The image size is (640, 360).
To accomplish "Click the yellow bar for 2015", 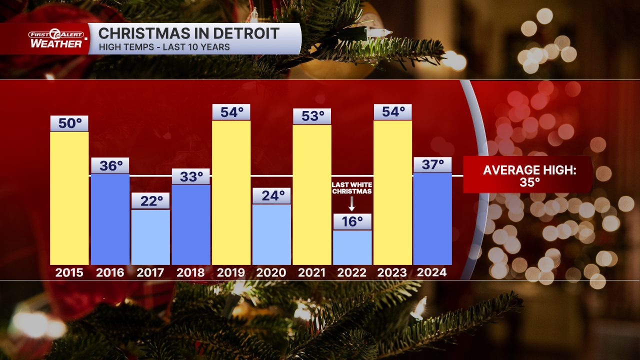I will pos(69,198).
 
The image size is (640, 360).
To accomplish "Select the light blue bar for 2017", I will pos(150,237).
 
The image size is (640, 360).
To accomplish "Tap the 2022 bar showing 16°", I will pos(352,247).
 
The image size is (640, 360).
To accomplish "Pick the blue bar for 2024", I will pos(432,218).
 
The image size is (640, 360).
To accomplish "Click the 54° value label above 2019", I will pos(231,112).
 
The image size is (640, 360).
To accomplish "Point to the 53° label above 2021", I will pos(312,116).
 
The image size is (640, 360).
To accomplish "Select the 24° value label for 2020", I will pos(271,195).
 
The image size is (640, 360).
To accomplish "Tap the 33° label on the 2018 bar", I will pos(191,176).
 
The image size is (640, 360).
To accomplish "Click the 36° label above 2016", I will pos(110,165).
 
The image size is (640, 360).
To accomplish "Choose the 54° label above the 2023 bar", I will pos(392,112).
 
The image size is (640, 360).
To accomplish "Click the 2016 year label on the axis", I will pos(110,272).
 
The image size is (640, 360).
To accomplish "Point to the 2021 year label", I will pos(312,272).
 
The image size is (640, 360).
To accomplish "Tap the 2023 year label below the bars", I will pos(392,272).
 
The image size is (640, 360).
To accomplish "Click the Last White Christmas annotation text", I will pos(352,188).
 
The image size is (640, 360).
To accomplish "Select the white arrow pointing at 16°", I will pos(352,203).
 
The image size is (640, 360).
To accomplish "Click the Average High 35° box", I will pos(529,175).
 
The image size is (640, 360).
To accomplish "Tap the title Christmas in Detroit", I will pos(189,34).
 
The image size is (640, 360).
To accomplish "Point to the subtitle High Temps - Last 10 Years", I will pos(164,47).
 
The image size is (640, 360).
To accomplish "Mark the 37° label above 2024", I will pos(432,165).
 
